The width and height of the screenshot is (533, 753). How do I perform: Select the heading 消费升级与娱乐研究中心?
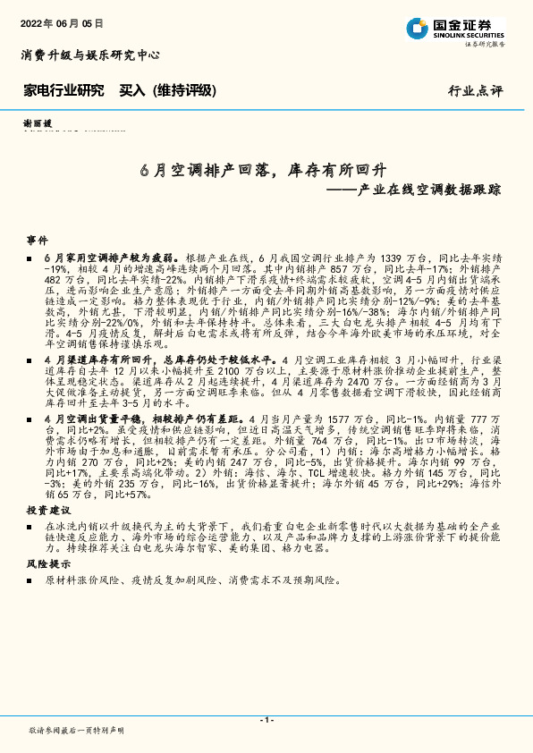click(90, 55)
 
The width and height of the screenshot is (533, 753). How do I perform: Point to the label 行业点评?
click(476, 90)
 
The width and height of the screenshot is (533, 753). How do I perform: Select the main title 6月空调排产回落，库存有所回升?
click(251, 169)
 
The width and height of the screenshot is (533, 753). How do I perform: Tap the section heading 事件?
click(37, 241)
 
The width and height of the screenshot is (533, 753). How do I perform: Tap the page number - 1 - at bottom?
click(266, 720)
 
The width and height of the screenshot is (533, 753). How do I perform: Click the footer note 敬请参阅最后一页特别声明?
click(76, 731)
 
